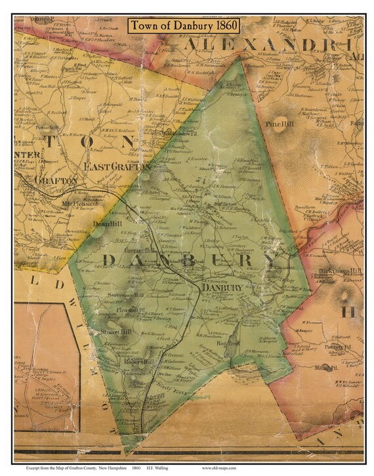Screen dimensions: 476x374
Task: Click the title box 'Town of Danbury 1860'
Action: coord(184,26)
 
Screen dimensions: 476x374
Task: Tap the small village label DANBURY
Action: coord(222,287)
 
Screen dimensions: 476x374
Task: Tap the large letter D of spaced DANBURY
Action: coord(109,260)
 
